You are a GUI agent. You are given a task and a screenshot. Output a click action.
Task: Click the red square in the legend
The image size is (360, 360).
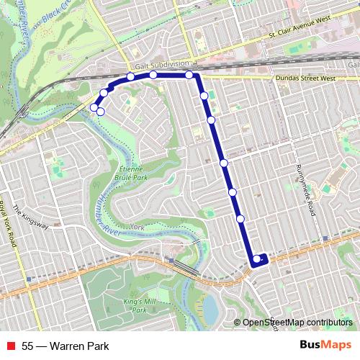pos(11,346)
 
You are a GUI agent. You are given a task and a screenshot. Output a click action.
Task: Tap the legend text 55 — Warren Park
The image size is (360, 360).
pos(66,346)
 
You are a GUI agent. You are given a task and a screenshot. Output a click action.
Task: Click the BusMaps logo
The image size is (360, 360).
pos(325,346)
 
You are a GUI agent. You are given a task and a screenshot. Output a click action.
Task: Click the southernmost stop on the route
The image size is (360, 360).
pos(257,259)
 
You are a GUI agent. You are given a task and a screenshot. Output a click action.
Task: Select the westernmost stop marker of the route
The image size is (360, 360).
pos(94,107)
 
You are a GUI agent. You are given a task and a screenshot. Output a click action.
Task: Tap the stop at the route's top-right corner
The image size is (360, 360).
pos(189,75)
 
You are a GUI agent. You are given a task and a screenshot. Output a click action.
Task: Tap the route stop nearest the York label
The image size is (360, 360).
pos(240,218)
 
